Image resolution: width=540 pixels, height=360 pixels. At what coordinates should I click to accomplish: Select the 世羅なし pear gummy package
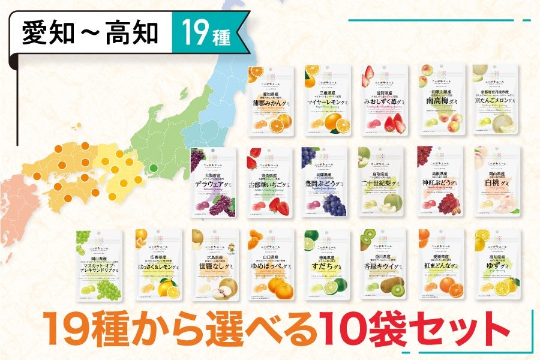213,264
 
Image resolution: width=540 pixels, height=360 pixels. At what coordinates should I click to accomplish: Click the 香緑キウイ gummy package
382,264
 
